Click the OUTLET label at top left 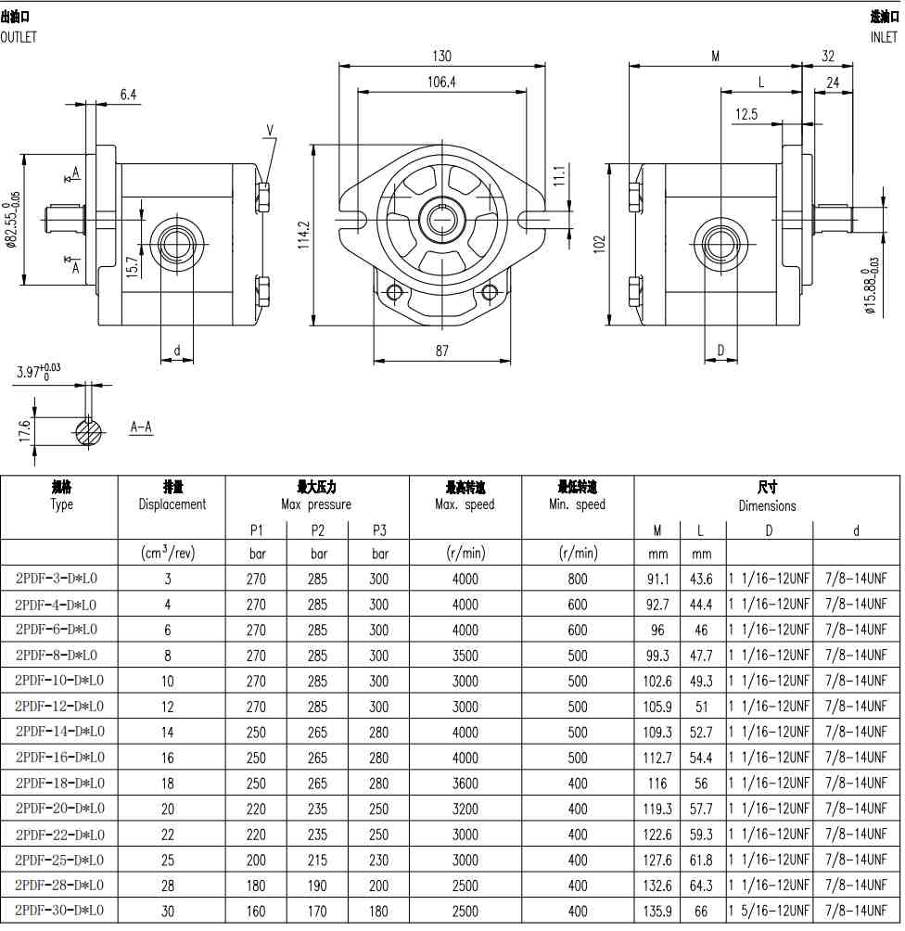(x=19, y=37)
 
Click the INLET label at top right (x=884, y=37)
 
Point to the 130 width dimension (x=441, y=57)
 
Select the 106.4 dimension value (x=441, y=82)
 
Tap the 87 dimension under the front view (x=441, y=351)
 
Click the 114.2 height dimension (x=304, y=236)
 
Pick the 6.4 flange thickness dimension (x=128, y=95)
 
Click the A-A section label (x=141, y=427)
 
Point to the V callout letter (x=270, y=130)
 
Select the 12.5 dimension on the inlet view (x=746, y=114)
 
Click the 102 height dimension (x=599, y=244)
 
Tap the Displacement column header (x=172, y=504)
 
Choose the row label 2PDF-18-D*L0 (x=60, y=784)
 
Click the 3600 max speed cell (x=465, y=784)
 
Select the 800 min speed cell (x=577, y=579)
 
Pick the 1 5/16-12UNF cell (x=769, y=911)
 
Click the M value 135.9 (x=657, y=911)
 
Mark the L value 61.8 (x=701, y=860)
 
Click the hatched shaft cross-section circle (x=89, y=432)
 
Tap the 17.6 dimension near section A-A (x=24, y=431)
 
